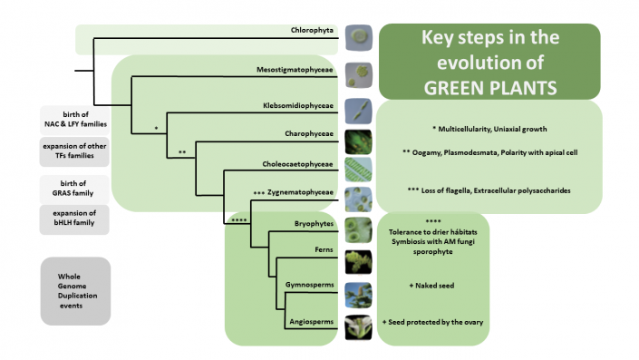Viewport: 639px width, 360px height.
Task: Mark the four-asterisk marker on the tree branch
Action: pos(240,218)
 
